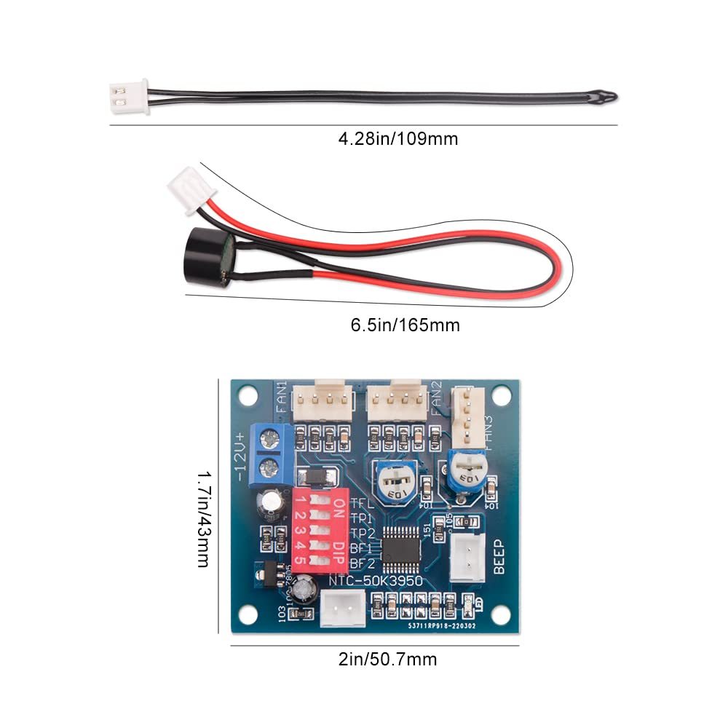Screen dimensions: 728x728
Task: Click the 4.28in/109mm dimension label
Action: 398,138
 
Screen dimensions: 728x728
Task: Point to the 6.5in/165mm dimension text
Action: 405,325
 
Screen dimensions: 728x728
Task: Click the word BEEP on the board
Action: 499,558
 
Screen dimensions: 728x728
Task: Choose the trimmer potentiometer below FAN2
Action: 395,481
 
